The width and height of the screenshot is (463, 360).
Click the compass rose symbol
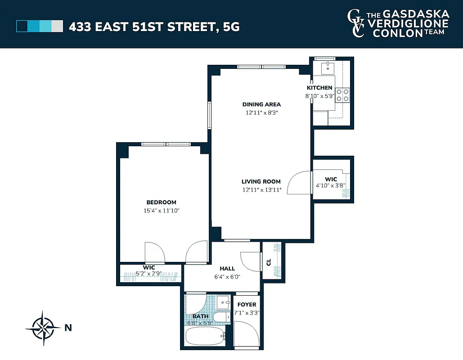(43, 328)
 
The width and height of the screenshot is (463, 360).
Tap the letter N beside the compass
(68, 328)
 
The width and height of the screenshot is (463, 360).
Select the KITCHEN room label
(319, 88)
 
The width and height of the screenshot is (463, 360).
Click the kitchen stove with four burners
(342, 95)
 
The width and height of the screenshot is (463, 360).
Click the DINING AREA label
(261, 104)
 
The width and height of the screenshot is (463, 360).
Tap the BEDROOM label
(161, 202)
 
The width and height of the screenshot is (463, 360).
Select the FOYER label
(247, 305)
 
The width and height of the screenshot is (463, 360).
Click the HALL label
(227, 269)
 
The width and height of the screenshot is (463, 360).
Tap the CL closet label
(269, 262)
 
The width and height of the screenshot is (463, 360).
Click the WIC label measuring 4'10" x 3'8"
(331, 179)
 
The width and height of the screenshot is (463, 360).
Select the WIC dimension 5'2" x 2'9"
(148, 273)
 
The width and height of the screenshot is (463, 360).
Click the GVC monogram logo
(355, 23)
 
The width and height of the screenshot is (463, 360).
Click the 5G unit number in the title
(230, 27)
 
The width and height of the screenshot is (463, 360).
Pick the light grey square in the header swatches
(57, 26)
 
